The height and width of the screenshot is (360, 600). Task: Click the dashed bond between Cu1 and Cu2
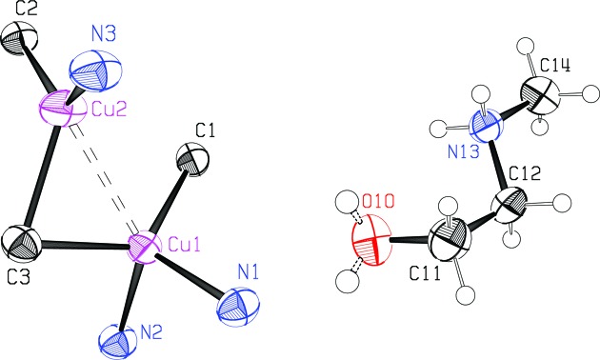(x=103, y=177)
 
